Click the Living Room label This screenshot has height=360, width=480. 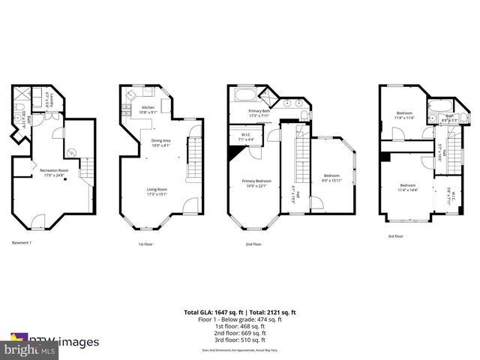coord(157,191)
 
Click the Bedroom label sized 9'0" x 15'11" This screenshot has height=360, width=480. coord(331,178)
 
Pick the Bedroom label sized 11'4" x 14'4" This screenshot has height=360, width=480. coord(408,187)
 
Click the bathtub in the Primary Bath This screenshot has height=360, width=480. coord(246,96)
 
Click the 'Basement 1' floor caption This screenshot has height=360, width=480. coord(22,243)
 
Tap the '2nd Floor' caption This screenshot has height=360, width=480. coord(253,244)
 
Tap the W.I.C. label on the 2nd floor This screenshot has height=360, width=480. coord(243,137)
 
